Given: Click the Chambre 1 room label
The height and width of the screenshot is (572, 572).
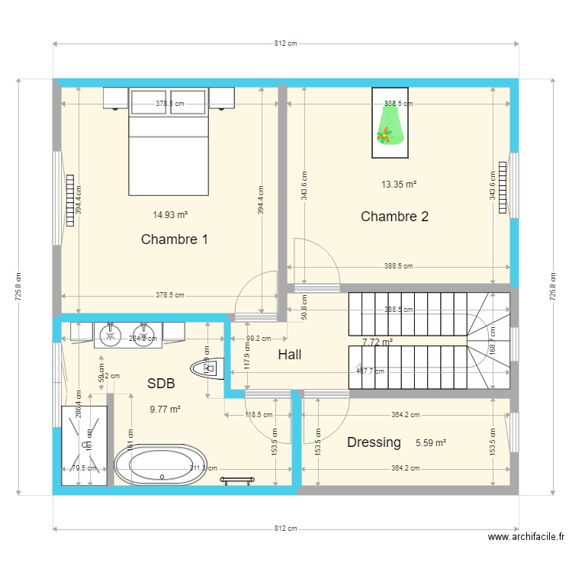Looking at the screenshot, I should pos(174,239).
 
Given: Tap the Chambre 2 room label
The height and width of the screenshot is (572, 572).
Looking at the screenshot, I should pos(394,217).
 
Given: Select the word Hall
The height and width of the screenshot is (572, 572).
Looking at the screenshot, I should pos(289,355).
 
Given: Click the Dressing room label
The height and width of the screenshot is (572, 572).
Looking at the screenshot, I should pos(374,442).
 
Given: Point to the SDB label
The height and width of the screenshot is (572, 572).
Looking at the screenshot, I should pos(166,384).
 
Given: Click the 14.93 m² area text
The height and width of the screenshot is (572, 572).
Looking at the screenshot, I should pos(171,215).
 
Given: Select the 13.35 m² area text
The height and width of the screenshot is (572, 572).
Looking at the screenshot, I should pos(399,184).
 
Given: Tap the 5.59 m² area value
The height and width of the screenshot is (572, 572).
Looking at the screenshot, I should pos(431,442).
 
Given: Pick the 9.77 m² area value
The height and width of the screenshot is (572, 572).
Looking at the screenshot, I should pos(165,410).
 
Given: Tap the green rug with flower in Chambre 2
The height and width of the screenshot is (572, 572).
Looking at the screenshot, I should pos(390,124).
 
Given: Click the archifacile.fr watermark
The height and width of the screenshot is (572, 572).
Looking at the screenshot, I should pos(526,537).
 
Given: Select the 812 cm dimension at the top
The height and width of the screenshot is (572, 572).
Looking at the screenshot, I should pos(285,43).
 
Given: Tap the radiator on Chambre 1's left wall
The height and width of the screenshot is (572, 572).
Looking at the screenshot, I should pos(70,197).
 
